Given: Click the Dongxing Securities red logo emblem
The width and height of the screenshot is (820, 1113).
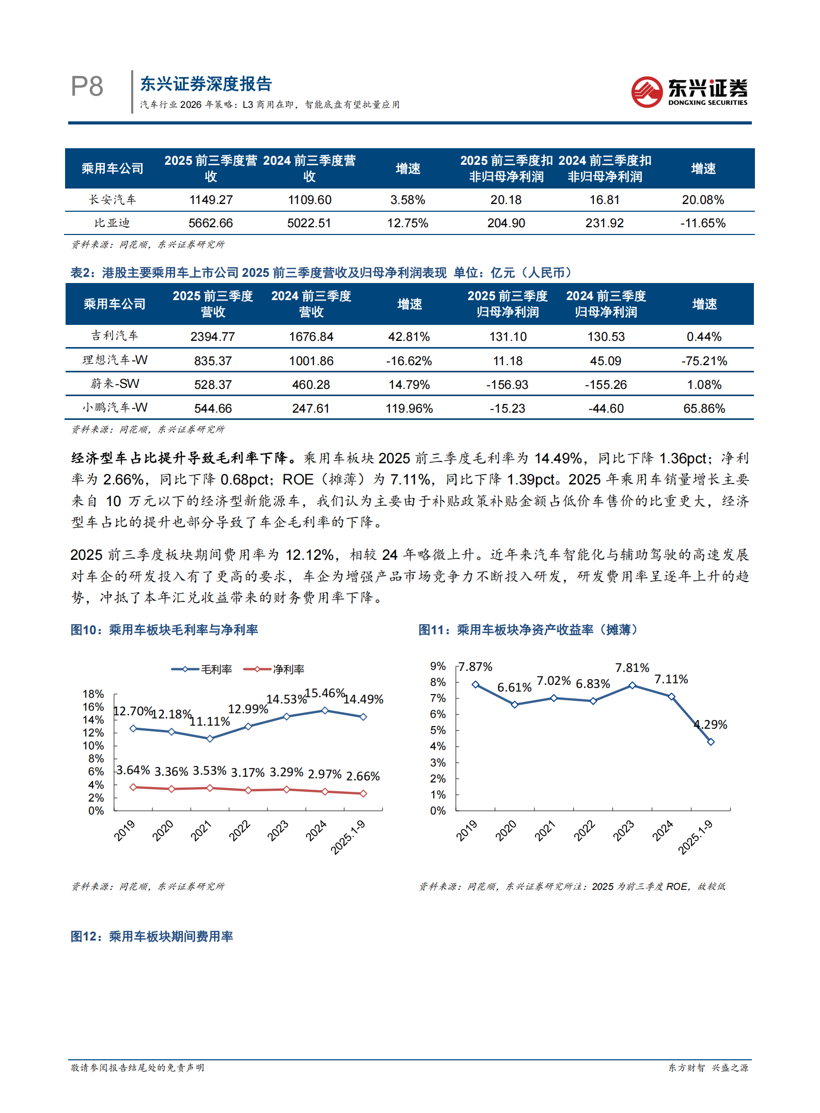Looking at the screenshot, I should click(646, 92).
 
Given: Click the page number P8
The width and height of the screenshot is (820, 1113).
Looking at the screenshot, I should click(87, 86).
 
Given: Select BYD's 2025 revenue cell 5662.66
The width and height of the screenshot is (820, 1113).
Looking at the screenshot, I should click(211, 223).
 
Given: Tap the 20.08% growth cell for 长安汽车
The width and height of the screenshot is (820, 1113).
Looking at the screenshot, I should click(702, 200).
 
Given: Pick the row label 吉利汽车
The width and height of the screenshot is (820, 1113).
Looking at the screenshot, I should click(115, 336).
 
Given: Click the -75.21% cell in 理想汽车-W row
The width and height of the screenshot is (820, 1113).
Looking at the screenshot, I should click(704, 361).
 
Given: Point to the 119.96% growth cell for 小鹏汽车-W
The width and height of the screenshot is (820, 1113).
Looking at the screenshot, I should click(409, 409).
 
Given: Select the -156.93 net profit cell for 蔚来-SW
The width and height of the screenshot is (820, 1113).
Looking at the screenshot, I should click(507, 385).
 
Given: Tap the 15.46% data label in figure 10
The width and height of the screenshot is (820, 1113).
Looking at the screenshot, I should click(325, 693).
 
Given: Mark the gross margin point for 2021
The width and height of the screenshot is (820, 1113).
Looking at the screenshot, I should click(210, 739).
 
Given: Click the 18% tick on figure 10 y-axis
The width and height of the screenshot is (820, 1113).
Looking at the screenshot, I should click(93, 694).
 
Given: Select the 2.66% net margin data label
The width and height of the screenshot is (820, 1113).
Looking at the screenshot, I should click(362, 776).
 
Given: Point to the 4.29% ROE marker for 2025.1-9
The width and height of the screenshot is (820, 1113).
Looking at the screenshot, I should click(711, 742).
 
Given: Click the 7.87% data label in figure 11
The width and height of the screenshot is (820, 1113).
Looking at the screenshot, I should click(476, 667).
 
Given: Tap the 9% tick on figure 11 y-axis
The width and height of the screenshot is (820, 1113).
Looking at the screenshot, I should click(438, 666).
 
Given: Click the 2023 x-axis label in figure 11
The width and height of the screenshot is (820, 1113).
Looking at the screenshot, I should click(624, 830).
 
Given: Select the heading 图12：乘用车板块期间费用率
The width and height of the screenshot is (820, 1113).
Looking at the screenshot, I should click(152, 936).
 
